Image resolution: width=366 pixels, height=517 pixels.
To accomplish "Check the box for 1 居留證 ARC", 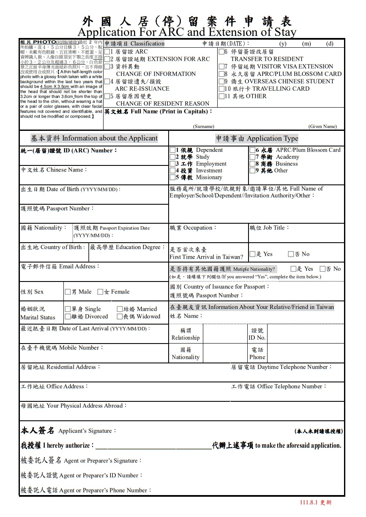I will click(x=107, y=52).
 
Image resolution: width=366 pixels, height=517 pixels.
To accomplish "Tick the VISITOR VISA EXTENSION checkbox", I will click(x=222, y=67).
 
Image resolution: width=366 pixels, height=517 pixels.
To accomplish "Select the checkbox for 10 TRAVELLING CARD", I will click(x=222, y=89).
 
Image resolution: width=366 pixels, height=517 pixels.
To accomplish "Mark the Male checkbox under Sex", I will click(x=68, y=292).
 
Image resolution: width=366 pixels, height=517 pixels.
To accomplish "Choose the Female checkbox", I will click(x=100, y=292).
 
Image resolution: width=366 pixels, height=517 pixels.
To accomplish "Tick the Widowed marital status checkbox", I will click(x=120, y=317).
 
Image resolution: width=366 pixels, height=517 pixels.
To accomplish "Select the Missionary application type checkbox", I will click(x=172, y=178).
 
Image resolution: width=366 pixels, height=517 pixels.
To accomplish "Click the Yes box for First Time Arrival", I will click(x=252, y=254).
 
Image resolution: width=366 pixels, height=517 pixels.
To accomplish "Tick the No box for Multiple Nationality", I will click(x=323, y=269).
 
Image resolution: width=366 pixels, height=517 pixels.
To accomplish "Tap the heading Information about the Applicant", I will click(x=94, y=138).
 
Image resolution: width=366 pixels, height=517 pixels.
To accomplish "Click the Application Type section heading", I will click(x=257, y=138).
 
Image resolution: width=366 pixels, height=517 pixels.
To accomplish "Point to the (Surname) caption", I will click(x=204, y=126).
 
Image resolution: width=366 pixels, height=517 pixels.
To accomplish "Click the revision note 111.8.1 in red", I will click(x=316, y=502).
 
